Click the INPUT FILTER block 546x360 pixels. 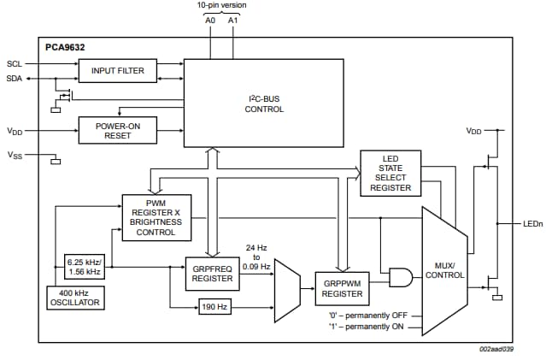pos(117,71)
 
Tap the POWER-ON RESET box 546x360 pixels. pos(117,130)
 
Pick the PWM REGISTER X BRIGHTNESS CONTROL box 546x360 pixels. pos(156,215)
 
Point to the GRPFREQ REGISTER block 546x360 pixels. pos(213,272)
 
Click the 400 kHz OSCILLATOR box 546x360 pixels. pos(75,297)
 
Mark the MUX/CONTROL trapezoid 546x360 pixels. pos(444,269)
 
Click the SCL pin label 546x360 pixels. pos(15,64)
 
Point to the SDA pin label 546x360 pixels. pos(15,78)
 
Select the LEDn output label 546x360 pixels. pos(531,224)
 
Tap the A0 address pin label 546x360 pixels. pos(211,19)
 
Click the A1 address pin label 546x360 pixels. pos(234,19)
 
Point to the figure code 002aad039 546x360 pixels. pos(495,349)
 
